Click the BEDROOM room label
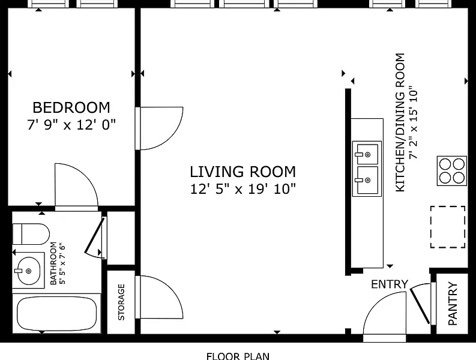[x=71, y=107]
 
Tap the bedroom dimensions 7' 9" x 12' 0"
[x=71, y=125]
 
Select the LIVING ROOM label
[x=243, y=172]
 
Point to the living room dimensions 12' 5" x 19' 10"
[x=243, y=189]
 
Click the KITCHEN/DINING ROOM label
[x=400, y=122]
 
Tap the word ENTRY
[x=390, y=284]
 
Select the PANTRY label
[x=453, y=304]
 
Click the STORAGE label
[x=121, y=302]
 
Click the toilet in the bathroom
[x=31, y=234]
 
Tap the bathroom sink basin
[x=28, y=271]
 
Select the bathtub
[x=57, y=313]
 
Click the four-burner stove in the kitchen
[x=452, y=171]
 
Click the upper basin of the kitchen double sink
[x=367, y=154]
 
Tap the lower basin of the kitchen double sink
[x=367, y=180]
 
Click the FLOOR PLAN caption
[x=238, y=356]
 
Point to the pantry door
[x=420, y=306]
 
